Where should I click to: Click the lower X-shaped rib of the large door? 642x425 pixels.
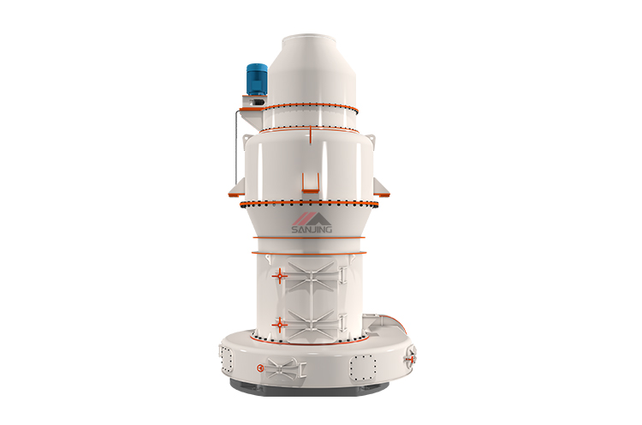click(x=311, y=324)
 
